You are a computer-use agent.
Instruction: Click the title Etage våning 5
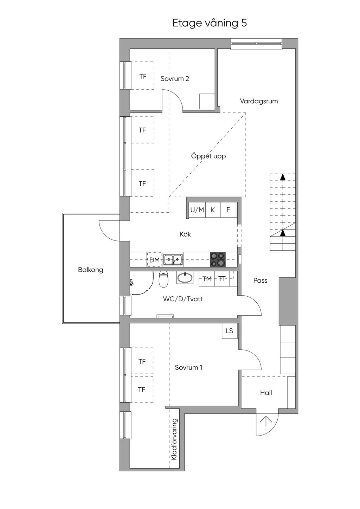click(x=210, y=23)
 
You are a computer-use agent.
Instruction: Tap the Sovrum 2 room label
click(x=175, y=79)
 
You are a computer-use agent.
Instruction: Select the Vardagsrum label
click(x=259, y=101)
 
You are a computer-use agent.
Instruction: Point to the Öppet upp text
click(x=208, y=156)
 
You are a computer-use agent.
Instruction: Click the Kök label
click(x=185, y=234)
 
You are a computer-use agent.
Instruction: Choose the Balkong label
click(x=91, y=270)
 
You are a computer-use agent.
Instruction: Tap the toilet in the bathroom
click(x=163, y=279)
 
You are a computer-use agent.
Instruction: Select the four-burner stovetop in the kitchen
click(x=218, y=259)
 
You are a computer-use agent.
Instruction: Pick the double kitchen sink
click(x=173, y=259)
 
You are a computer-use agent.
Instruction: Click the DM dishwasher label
click(x=155, y=260)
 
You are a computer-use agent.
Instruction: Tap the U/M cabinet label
click(x=197, y=210)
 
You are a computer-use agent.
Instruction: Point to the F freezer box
click(x=228, y=210)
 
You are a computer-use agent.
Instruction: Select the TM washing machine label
click(x=207, y=279)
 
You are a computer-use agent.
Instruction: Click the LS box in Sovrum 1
click(x=230, y=331)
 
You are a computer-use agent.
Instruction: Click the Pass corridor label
click(x=260, y=281)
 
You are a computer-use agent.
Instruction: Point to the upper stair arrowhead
click(x=283, y=177)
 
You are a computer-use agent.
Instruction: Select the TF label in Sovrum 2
click(x=143, y=77)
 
